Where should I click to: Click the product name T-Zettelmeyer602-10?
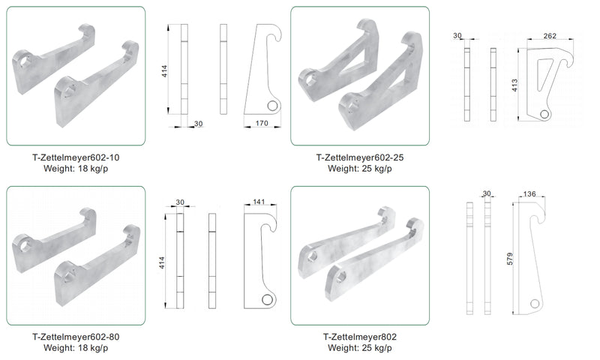[x=76, y=157]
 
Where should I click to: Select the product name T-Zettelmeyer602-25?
[x=360, y=157]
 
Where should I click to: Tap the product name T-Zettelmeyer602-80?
[x=76, y=337]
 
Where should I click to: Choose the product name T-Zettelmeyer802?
[x=360, y=337]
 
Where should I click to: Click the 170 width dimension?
[x=262, y=123]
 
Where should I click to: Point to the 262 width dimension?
[x=550, y=35]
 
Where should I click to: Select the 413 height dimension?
[x=514, y=85]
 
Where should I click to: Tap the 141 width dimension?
[x=259, y=202]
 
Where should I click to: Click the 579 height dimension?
[x=510, y=259]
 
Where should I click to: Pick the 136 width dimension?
[x=529, y=194]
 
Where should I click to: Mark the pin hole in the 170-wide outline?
[x=272, y=105]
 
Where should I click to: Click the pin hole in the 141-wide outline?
[x=267, y=299]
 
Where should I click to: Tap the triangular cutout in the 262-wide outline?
[x=544, y=73]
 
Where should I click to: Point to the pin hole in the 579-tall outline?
[x=535, y=304]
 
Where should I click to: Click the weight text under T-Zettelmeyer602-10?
[x=76, y=168]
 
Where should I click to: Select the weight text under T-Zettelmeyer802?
[x=360, y=348]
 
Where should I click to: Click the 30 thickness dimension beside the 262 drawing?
[x=457, y=35]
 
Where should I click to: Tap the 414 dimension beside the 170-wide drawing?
[x=164, y=71]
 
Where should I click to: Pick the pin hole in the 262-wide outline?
[x=544, y=113]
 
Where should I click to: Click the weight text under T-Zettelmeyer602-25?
[x=360, y=168]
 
